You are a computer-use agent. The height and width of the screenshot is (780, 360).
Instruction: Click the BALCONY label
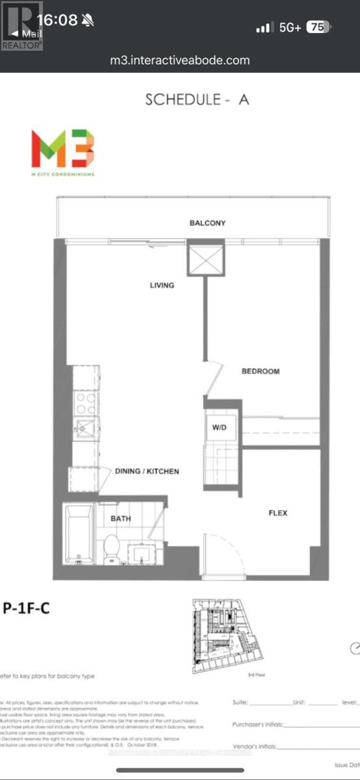(207, 223)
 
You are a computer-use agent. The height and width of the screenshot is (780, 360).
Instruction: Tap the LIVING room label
(162, 285)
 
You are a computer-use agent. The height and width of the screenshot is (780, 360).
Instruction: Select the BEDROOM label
(261, 371)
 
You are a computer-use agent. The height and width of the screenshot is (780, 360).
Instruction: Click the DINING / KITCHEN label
(147, 471)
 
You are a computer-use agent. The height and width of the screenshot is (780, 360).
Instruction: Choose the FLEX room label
(278, 513)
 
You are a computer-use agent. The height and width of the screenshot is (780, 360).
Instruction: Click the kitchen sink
(84, 427)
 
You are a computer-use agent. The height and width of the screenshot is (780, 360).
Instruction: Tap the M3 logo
(62, 149)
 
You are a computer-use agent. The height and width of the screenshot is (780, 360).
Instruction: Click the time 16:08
(58, 20)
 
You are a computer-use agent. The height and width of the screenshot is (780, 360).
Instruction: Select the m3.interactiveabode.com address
(180, 60)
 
